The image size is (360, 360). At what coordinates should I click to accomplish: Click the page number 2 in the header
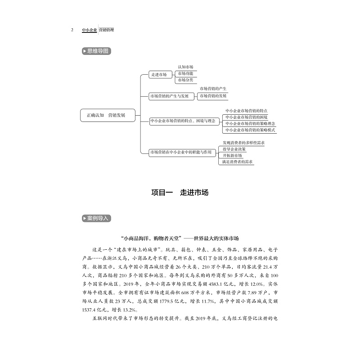(x=72, y=30)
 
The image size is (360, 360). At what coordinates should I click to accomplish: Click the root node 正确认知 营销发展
(x=106, y=115)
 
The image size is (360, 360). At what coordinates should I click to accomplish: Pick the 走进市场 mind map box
(x=158, y=75)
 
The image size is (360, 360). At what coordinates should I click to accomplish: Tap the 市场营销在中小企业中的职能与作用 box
(x=180, y=153)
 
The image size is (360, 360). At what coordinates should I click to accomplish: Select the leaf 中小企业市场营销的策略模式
(x=250, y=130)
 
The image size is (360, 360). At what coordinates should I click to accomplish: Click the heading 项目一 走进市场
(x=180, y=192)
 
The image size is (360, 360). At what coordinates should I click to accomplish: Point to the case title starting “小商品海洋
(x=180, y=238)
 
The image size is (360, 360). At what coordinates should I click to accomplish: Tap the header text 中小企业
(x=89, y=30)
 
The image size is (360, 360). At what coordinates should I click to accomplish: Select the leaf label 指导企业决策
(x=234, y=149)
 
